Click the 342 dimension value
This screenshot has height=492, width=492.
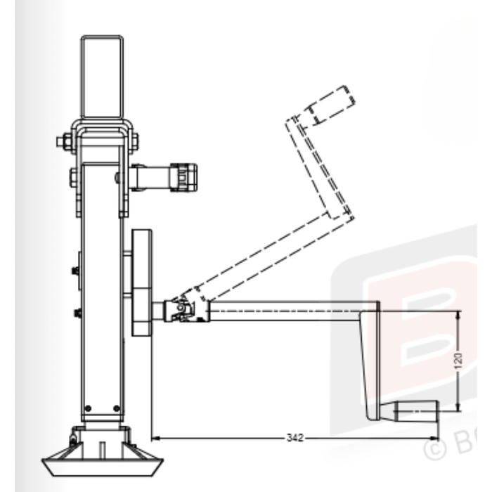coord(295,438)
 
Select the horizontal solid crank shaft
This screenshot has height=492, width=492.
coord(288,310)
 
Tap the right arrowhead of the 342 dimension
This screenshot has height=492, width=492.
coord(436,438)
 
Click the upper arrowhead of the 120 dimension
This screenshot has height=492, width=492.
coord(458,313)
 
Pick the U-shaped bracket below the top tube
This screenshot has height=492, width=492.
coord(103,137)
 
